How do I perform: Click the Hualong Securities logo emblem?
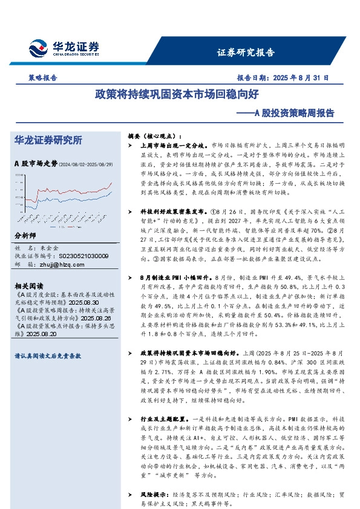click(x=38, y=47)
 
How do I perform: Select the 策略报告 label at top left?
click(x=42, y=78)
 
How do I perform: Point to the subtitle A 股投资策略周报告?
click(x=289, y=112)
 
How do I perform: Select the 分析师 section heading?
click(x=25, y=236)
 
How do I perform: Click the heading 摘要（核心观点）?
click(x=154, y=136)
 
